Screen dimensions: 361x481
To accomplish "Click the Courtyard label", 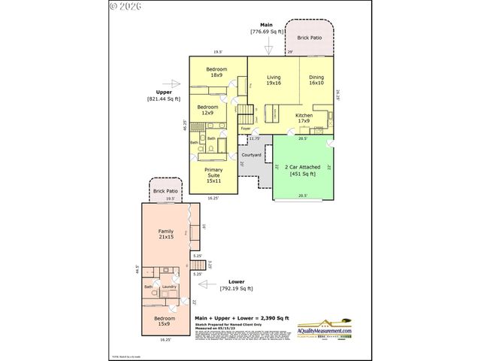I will coord(251,155).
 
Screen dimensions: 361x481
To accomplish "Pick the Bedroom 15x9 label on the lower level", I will coord(165,321).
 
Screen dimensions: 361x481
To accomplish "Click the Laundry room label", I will coord(168,286).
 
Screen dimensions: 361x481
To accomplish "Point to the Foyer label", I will coord(245,129).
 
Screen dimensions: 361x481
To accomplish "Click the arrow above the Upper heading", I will coord(176,83).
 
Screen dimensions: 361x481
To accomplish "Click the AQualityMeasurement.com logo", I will coord(325,327).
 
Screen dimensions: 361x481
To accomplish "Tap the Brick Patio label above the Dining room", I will coord(310,36).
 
